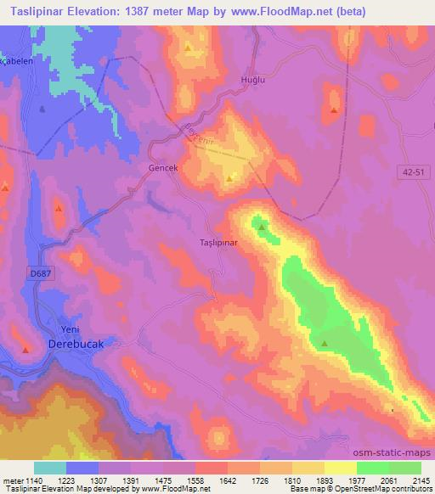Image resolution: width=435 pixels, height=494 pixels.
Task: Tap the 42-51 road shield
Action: click(413, 171)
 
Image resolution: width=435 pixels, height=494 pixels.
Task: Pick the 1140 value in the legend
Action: click(33, 481)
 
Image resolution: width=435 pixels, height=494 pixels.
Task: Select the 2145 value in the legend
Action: click(421, 481)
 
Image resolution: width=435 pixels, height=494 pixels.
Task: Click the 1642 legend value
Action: click(227, 481)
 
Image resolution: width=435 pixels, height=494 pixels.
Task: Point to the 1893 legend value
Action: click(324, 481)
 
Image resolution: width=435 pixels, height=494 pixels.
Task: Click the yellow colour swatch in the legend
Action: click(340, 468)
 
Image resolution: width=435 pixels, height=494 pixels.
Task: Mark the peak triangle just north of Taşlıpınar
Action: click(262, 227)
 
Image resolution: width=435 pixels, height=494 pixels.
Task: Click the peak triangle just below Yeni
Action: click(26, 350)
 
